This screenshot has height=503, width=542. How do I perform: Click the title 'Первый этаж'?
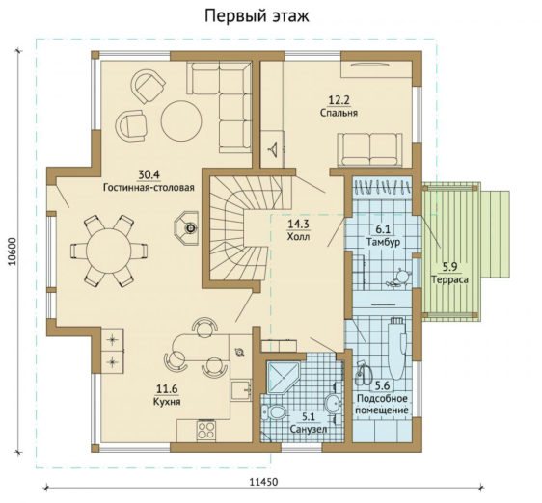(x=257, y=15)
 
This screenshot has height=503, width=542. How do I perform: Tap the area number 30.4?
(x=149, y=174)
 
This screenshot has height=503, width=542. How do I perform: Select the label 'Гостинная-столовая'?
(x=149, y=188)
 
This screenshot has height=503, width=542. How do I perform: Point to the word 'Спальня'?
(x=339, y=113)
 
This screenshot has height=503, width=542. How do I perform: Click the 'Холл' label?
(x=298, y=237)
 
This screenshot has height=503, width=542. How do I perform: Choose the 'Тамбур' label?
(x=383, y=242)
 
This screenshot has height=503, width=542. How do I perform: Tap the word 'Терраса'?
(x=449, y=279)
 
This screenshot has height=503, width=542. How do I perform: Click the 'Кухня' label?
(x=167, y=402)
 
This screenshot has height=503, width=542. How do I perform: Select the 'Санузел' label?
(x=309, y=430)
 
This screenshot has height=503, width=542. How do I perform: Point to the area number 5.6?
(x=382, y=385)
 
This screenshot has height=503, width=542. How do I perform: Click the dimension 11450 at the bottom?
(x=263, y=482)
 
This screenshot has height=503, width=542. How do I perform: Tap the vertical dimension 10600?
(x=13, y=251)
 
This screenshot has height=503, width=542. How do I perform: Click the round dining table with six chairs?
(x=109, y=251)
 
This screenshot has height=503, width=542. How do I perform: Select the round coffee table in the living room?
(x=182, y=120)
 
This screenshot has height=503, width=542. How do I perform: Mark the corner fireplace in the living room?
(x=186, y=228)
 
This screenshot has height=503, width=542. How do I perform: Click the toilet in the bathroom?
(x=274, y=412)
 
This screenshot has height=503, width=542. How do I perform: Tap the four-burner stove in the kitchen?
(x=205, y=431)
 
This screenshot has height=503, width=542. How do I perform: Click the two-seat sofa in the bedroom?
(x=369, y=150)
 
